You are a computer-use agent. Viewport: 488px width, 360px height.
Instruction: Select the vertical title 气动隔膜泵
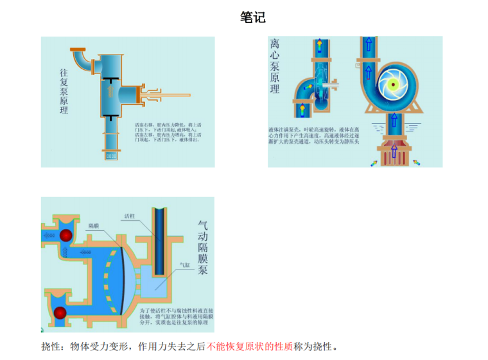click(203, 247)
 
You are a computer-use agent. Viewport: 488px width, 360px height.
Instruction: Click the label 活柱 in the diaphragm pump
click(129, 216)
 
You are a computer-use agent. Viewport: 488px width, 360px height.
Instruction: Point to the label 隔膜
click(94, 226)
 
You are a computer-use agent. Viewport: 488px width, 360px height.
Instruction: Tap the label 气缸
click(184, 264)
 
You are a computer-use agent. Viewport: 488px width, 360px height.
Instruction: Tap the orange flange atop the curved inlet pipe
click(78, 50)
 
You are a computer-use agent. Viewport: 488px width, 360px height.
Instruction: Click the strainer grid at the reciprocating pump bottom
click(112, 155)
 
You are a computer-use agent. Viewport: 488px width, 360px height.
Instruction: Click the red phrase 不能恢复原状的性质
click(250, 347)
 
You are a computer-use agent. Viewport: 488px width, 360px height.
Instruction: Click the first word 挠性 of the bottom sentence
click(50, 347)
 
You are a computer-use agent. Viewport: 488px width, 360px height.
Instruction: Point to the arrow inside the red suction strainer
click(392, 151)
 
